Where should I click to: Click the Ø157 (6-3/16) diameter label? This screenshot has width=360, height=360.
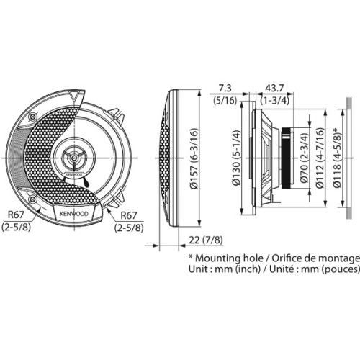194,158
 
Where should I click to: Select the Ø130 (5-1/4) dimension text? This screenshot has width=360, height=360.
236,158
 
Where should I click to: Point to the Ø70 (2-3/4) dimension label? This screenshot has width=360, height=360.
305,158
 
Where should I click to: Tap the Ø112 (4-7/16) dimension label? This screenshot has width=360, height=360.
320,158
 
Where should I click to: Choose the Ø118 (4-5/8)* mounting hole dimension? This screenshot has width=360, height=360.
337,158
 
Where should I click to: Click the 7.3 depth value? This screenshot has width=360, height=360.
225,88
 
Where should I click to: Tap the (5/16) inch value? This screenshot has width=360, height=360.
225,100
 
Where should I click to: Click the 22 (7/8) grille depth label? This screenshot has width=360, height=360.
206,240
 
